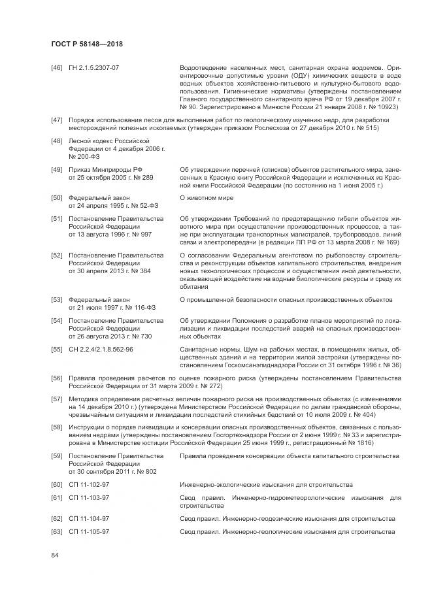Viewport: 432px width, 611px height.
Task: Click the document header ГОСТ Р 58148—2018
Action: pyautogui.click(x=87, y=43)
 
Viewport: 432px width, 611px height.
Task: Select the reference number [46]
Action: pyautogui.click(x=57, y=67)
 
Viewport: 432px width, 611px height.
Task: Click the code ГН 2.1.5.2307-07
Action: pyautogui.click(x=94, y=67)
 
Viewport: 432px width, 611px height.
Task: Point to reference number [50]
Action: pyautogui.click(x=57, y=197)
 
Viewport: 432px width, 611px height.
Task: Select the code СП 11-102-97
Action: pyautogui.click(x=89, y=484)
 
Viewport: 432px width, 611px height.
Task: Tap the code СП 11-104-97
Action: pyautogui.click(x=89, y=518)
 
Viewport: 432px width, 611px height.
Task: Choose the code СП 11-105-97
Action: pyautogui.click(x=89, y=531)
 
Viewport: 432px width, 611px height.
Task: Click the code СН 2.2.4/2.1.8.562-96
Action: pyautogui.click(x=101, y=350)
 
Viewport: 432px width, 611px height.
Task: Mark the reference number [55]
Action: pyautogui.click(x=57, y=350)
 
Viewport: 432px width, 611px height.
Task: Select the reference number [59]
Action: pyautogui.click(x=57, y=455)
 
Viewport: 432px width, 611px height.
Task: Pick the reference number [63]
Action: pyautogui.click(x=57, y=531)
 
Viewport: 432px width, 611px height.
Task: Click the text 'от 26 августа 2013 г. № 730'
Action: pyautogui.click(x=110, y=336)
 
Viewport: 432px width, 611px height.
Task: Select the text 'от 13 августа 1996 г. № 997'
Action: pyautogui.click(x=110, y=233)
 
